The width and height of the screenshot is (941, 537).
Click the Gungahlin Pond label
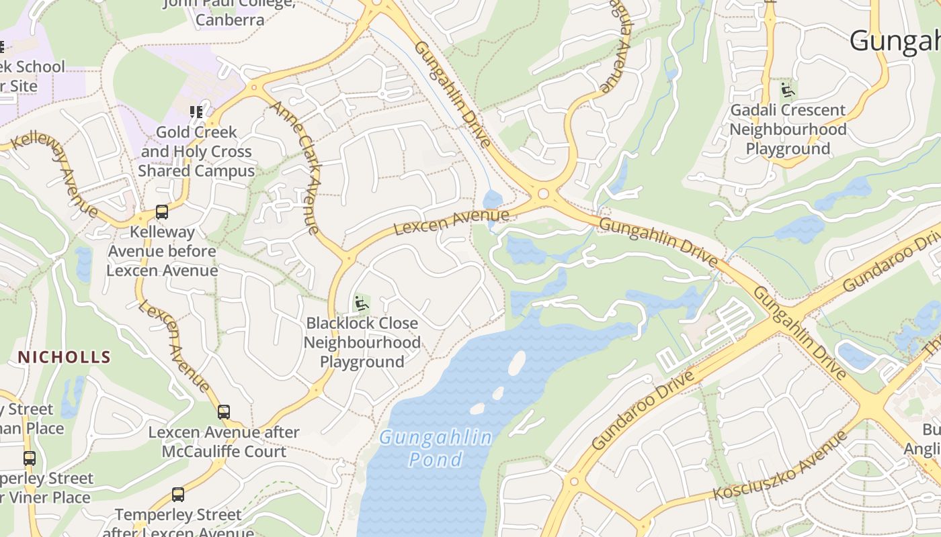point(436,448)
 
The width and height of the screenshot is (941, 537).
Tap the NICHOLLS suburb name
point(64,356)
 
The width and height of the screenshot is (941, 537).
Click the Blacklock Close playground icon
point(362,303)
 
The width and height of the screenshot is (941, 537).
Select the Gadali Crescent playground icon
point(788,90)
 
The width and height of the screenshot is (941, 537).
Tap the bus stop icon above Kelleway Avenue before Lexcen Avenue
point(162,212)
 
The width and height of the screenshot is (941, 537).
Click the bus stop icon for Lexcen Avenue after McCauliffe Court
point(224,411)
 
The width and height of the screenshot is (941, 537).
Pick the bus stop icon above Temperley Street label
point(177,495)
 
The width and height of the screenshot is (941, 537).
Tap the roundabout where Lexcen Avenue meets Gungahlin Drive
point(543,195)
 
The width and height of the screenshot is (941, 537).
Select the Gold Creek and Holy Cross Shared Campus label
point(196,152)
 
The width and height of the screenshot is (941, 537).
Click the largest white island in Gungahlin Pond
point(516,363)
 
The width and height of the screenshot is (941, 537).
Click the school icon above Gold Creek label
point(196,111)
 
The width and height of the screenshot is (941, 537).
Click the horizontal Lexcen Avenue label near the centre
point(451,222)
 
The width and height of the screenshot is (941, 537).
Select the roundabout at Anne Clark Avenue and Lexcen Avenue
point(347,257)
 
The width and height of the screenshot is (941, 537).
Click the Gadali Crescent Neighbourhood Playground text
point(788,129)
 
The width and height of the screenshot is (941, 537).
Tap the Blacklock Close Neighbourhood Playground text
point(362,342)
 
